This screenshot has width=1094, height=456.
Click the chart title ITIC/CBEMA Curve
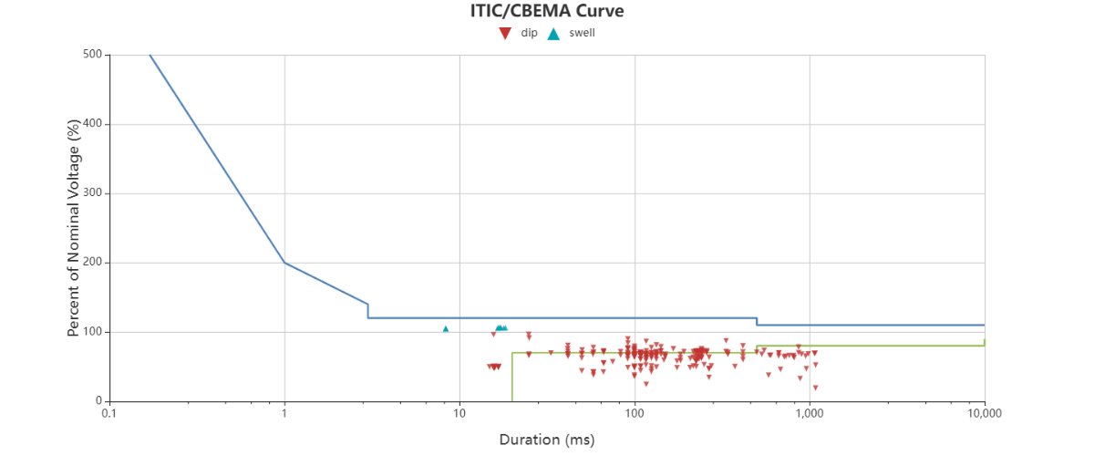[x=546, y=11]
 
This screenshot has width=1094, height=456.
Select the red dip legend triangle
[x=504, y=34]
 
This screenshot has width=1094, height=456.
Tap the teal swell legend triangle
[x=553, y=34]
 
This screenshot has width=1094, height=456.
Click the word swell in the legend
[x=582, y=34]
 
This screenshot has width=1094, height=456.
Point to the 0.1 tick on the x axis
[x=109, y=413]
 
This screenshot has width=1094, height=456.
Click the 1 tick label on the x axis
[x=284, y=413]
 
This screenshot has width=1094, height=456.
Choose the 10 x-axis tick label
[x=459, y=413]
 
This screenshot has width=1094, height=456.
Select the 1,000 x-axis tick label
[x=810, y=413]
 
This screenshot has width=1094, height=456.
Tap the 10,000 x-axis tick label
[x=984, y=413]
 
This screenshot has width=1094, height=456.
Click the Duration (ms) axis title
[x=546, y=440]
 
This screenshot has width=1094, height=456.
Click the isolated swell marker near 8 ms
[x=446, y=329]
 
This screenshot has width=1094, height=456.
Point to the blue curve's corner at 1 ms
[x=284, y=263]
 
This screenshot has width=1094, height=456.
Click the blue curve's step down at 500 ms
[x=757, y=321]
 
